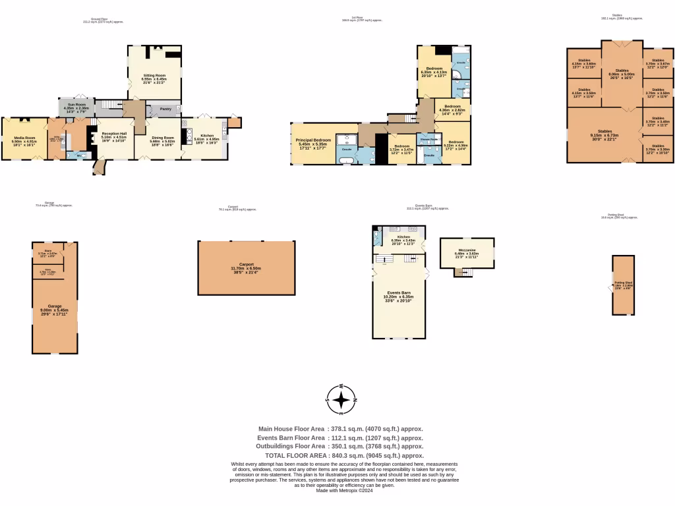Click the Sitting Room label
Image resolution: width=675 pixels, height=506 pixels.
155,76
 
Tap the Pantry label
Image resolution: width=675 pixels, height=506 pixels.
165,109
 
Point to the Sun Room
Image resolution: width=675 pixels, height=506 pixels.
74,105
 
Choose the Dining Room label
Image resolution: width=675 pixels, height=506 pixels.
161,138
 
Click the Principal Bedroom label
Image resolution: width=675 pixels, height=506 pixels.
314,141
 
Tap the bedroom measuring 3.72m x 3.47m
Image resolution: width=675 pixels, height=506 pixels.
401,148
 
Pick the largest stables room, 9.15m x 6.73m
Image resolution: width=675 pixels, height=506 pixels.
604,134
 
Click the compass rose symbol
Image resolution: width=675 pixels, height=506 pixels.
341,400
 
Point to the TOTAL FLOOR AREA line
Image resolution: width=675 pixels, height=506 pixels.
343,455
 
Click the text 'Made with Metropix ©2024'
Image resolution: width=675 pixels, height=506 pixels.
343,490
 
